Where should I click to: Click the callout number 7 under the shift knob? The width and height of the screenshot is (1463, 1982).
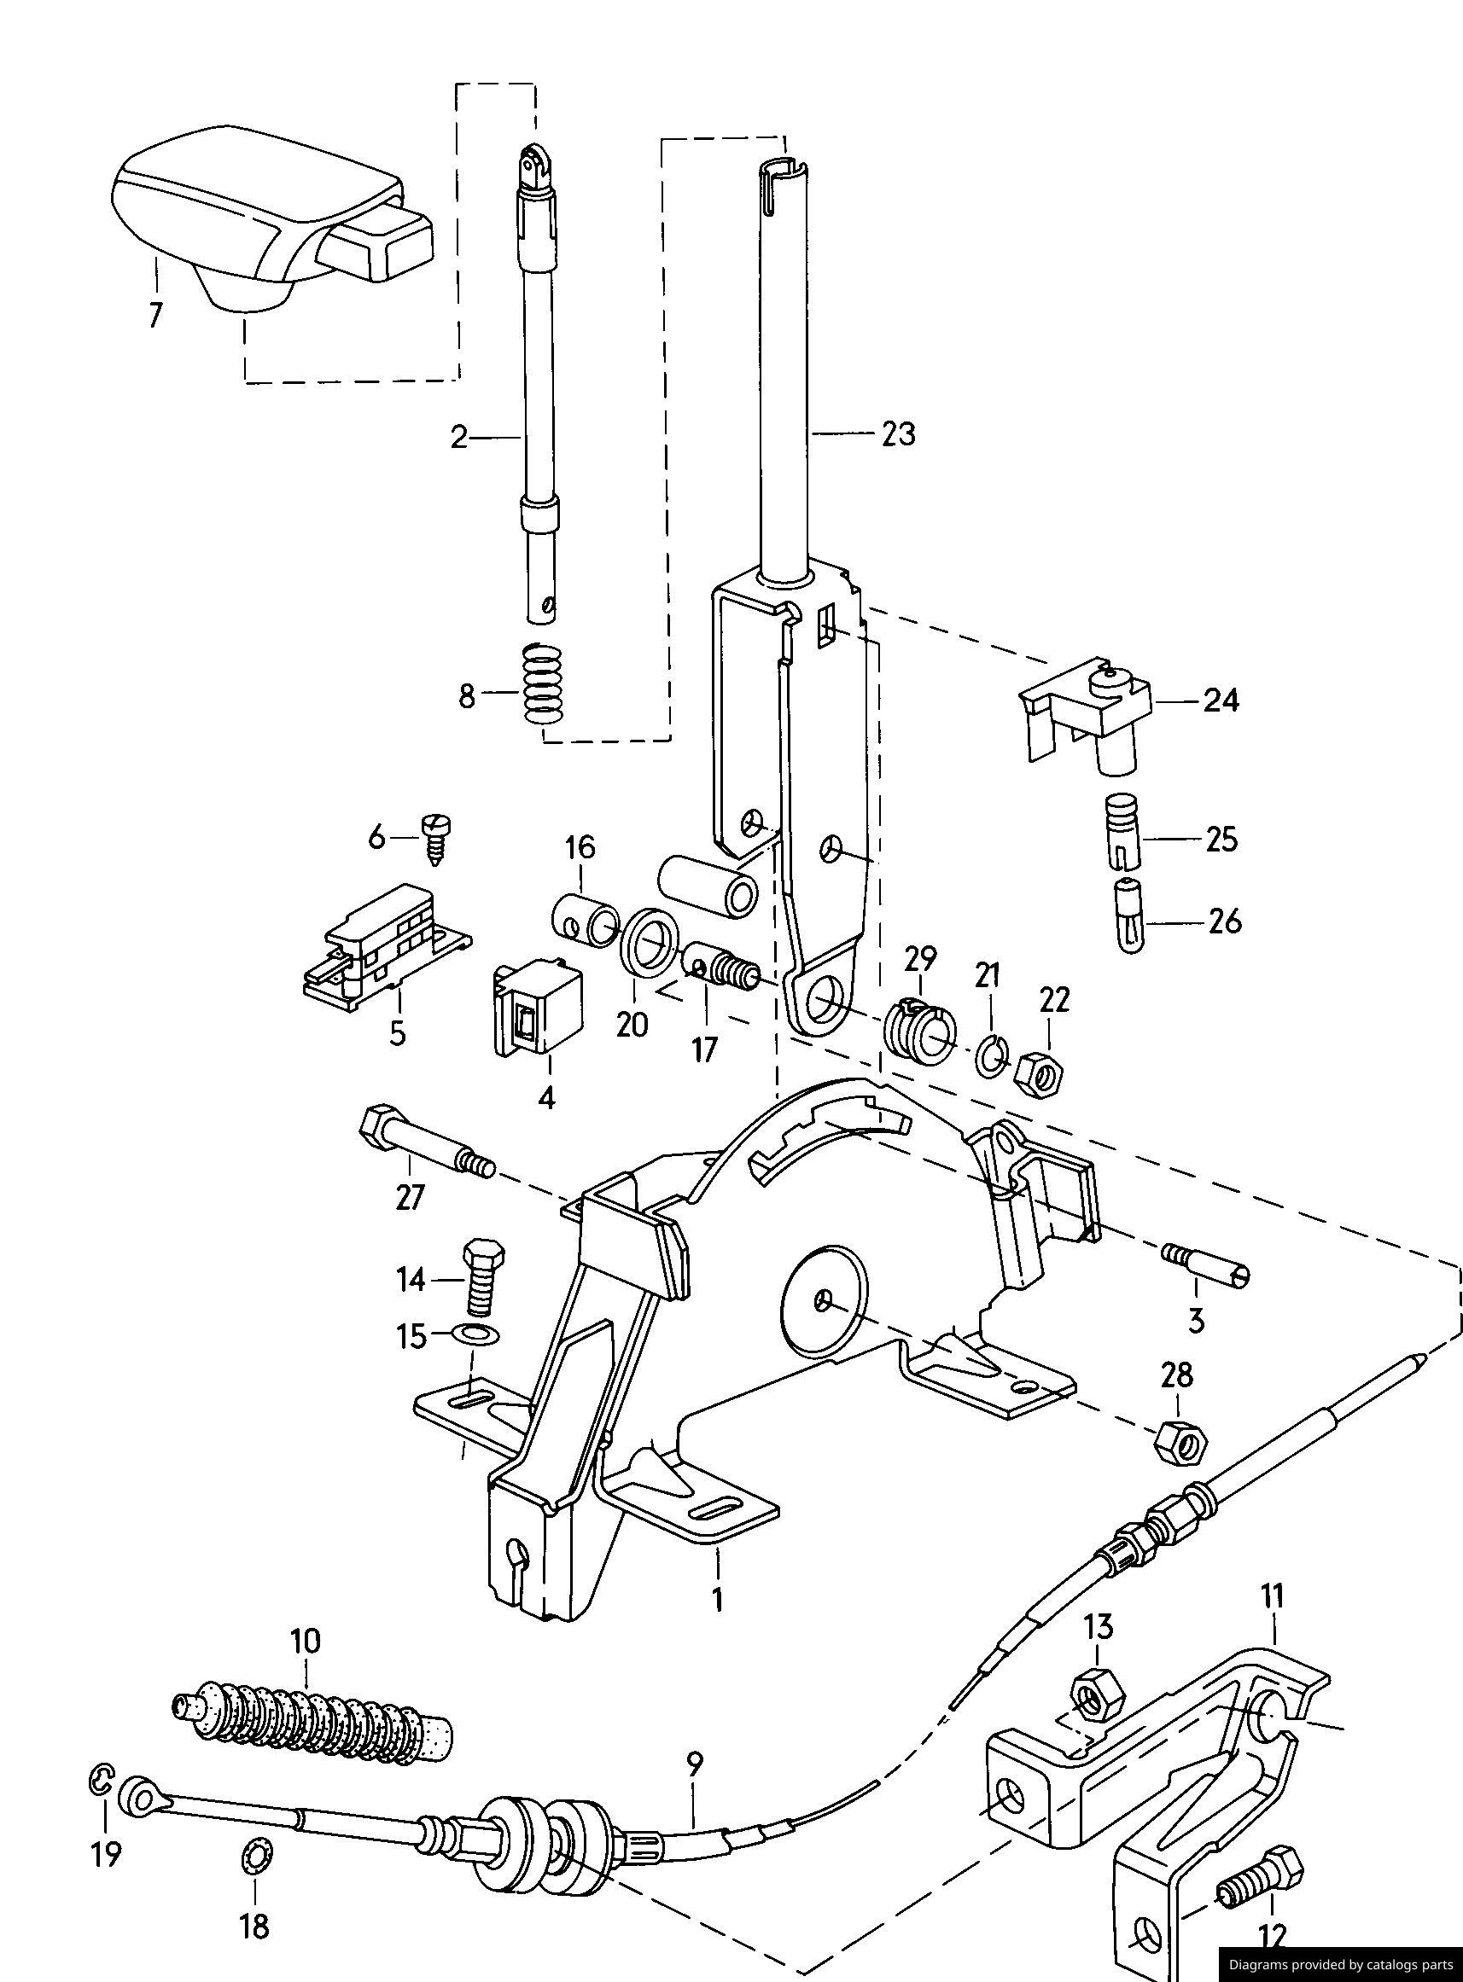coord(156,315)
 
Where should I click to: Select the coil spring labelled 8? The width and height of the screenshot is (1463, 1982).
coord(544,682)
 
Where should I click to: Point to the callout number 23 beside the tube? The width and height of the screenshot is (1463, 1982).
coord(899,433)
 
